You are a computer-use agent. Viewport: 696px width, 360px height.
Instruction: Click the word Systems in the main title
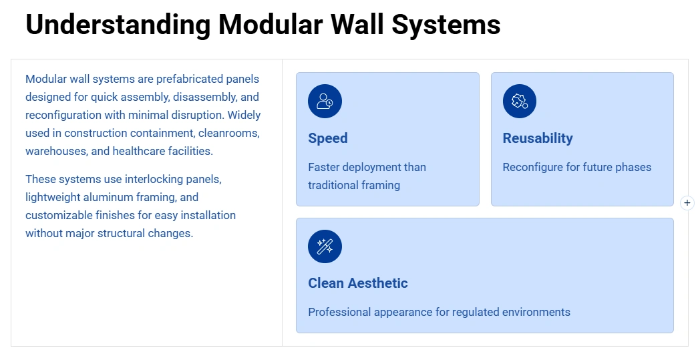pos(446,25)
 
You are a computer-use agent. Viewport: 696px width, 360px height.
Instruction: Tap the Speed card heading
pos(328,138)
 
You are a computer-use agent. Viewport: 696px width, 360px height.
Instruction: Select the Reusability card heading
pos(538,138)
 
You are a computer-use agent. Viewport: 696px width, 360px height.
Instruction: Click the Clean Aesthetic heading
pos(358,283)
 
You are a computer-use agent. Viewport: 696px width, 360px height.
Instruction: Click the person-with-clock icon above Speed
pos(325,102)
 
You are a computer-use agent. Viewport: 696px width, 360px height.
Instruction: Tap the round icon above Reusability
pos(520,102)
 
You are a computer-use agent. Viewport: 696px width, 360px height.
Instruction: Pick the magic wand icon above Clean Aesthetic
pos(325,246)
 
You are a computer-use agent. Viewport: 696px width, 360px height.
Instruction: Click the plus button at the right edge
pos(687,203)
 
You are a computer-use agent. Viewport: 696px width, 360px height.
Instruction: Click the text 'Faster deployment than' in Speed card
pos(367,167)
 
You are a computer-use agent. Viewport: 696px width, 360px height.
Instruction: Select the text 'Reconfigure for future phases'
pos(576,167)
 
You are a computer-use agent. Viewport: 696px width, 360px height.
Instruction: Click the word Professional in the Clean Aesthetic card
pos(338,312)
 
